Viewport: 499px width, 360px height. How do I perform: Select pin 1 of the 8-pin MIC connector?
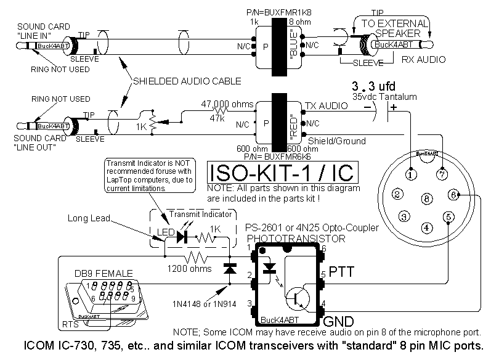(408, 174)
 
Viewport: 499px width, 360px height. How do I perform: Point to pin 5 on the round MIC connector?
(449, 216)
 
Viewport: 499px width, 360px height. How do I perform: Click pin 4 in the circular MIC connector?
(426, 227)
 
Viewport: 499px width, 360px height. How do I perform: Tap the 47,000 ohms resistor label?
(224, 104)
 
